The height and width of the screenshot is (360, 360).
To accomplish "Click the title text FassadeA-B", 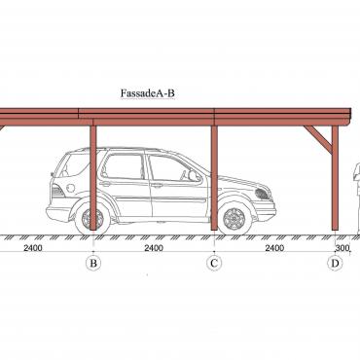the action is coord(148,93).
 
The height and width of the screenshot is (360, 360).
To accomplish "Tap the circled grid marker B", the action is coord(93,263).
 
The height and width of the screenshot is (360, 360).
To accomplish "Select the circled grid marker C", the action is coord(214,263).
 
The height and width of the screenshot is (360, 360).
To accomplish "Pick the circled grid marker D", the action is coord(335,263).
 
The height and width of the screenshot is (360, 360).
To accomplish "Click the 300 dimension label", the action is coord(342,248).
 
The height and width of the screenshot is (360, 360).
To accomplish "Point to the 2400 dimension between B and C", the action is coord(154,248).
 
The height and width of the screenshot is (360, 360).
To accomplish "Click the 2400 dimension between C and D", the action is coord(274,248).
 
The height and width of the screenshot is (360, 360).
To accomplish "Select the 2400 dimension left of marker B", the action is coord(33,248).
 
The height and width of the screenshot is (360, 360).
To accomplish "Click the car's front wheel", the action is coord(234,219).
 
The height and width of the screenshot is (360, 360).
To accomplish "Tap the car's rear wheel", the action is coord(92,219).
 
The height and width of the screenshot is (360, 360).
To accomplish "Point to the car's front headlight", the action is coord(263,194).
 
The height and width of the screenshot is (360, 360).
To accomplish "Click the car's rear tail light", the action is coord(57,191).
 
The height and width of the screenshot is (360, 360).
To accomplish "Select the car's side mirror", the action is coord(194,176).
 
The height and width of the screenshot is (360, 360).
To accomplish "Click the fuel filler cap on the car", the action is coord(71,188).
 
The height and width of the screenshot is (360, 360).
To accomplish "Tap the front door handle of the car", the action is coord(157,186).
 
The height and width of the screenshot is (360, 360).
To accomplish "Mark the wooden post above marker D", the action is coord(335,178).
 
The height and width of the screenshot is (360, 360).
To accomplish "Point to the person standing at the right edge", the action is coord(357,198).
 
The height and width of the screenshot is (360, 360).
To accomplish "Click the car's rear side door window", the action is coord(124,166).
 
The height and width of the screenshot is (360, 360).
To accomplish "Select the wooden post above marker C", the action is coord(214,178).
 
